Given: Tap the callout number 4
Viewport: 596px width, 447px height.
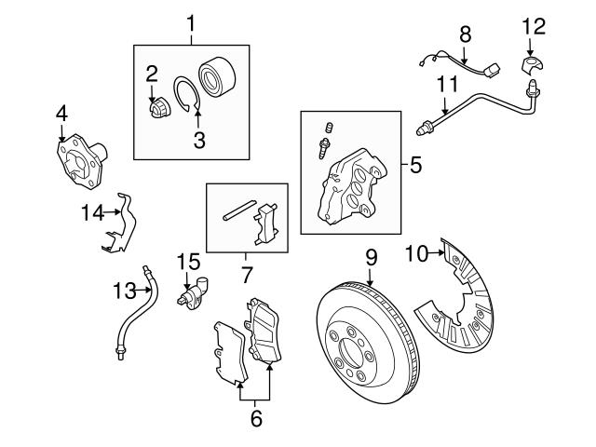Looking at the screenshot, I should coord(61,114).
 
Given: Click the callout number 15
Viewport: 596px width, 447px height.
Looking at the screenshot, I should coord(189,263).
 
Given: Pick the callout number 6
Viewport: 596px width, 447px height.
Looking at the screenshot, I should coord(256,419).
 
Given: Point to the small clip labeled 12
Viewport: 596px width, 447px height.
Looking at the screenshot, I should coord(532,63).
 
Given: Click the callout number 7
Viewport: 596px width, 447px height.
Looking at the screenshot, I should coord(246,276).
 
